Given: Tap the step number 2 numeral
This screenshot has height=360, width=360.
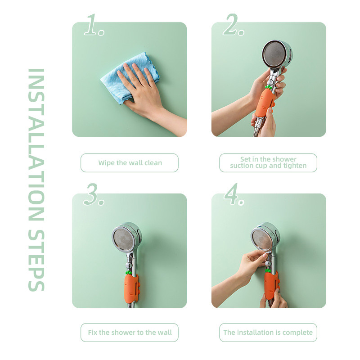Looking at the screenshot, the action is [231, 25].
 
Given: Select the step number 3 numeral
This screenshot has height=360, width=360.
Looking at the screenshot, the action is [91, 194].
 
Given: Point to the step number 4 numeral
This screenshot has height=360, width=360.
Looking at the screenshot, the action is [231, 194].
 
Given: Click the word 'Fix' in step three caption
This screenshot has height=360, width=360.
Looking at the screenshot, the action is [93, 333].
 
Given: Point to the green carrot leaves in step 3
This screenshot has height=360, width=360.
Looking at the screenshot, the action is [129, 273].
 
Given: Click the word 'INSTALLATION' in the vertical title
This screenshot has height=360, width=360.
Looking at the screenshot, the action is [36, 144].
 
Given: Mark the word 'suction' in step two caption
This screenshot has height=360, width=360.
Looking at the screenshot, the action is [241, 166].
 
